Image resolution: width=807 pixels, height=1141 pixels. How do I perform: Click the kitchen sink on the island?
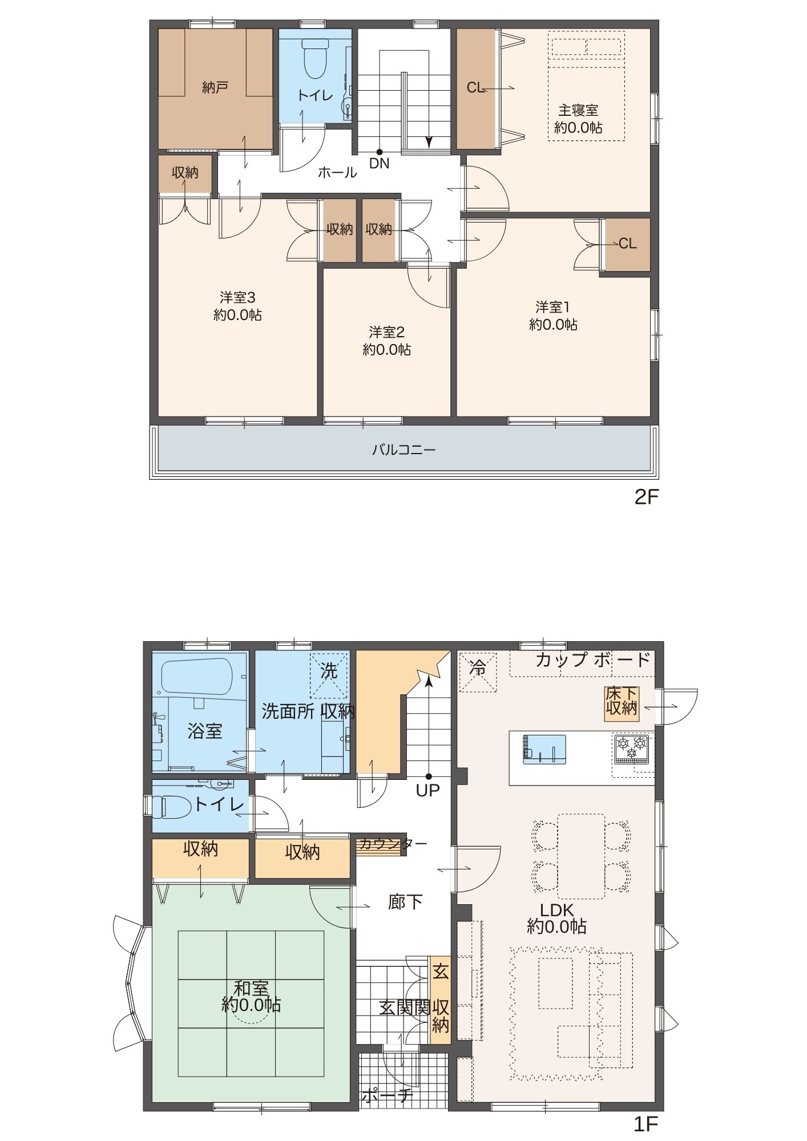544,749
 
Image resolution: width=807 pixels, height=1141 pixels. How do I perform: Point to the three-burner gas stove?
632,749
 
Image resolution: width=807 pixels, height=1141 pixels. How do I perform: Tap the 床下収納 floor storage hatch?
622,703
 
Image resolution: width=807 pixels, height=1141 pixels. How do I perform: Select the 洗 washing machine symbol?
329,676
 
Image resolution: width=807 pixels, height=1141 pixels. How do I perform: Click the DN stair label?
379,163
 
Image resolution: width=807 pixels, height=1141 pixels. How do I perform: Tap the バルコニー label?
404,450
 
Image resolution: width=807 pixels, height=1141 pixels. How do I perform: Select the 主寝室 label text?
578,110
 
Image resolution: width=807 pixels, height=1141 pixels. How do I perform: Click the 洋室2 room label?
386,331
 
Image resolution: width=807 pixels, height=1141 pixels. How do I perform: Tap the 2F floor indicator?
647,497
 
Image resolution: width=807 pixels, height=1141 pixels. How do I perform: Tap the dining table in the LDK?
581,856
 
